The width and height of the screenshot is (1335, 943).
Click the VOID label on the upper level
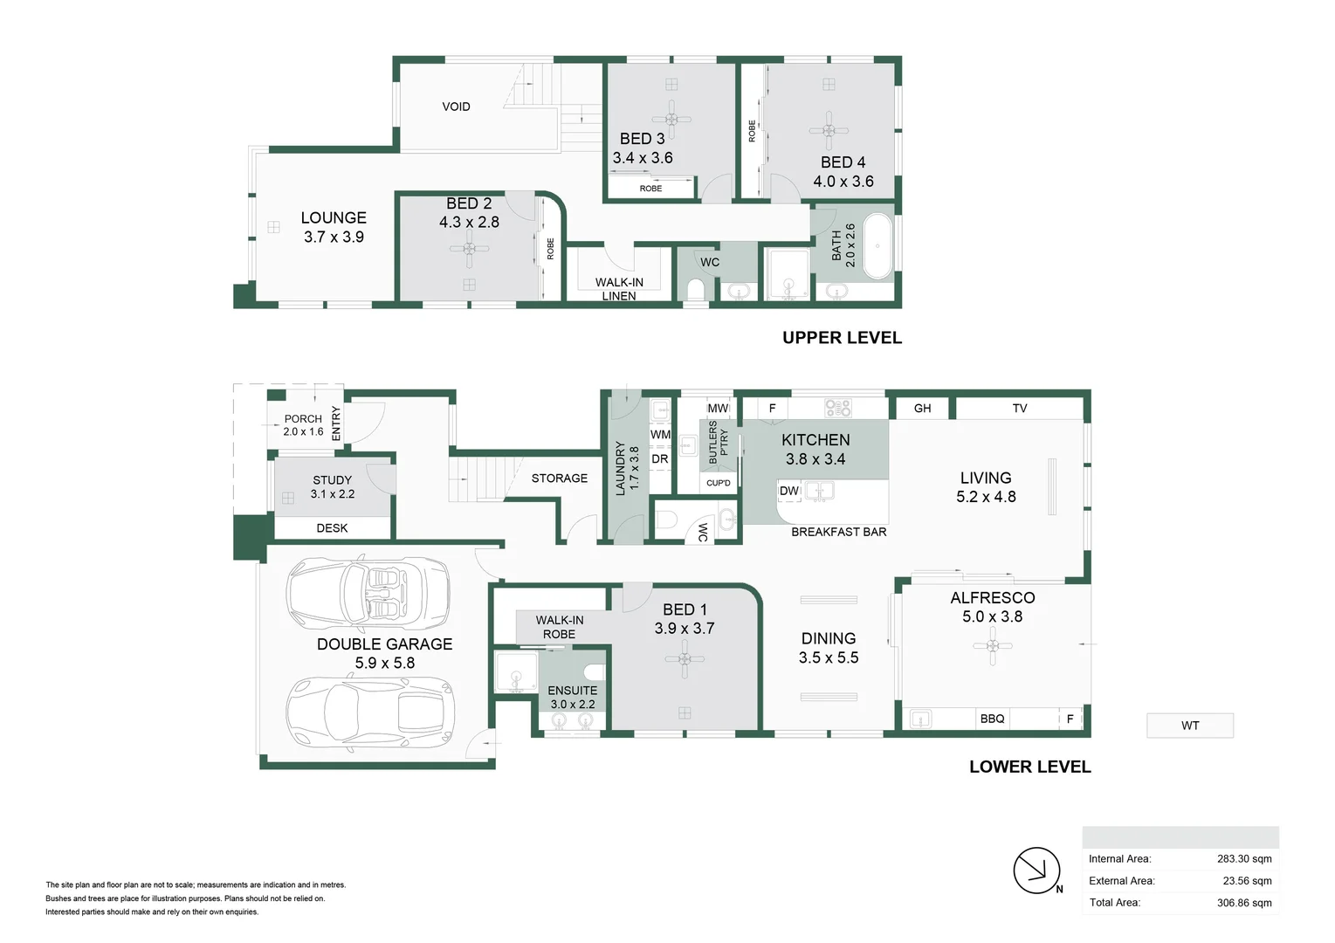456,107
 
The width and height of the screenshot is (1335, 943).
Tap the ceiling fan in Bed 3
671,119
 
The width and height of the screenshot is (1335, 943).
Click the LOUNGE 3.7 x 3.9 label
334,227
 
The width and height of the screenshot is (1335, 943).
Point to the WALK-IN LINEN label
619,288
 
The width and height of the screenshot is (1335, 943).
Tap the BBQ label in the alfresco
992,719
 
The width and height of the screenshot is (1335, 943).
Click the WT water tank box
1189,726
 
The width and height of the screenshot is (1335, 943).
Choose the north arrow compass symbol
1036,870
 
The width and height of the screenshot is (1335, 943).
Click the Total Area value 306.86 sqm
1243,903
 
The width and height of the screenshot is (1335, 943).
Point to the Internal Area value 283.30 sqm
1243,859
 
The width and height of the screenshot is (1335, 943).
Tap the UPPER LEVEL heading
842,338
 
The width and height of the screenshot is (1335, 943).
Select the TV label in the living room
1019,409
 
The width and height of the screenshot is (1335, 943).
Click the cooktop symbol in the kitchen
837,408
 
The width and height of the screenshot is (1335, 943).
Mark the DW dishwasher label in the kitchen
788,491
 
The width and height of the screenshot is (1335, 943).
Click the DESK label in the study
332,528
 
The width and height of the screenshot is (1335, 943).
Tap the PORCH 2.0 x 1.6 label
303,425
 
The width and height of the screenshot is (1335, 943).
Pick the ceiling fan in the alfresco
992,646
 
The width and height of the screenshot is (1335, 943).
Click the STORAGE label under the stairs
559,478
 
